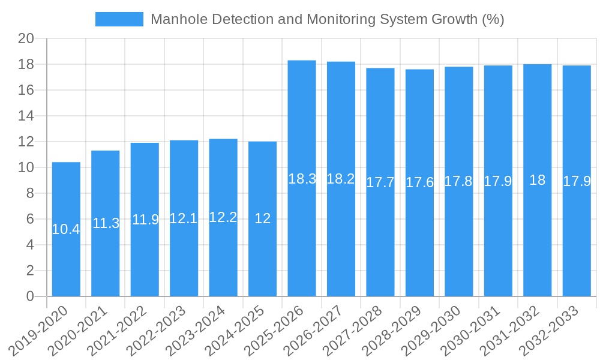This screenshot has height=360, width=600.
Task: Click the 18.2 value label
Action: pyautogui.click(x=341, y=179)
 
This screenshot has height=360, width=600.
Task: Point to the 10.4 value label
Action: pyautogui.click(x=66, y=229)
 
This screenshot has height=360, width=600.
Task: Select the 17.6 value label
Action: pyautogui.click(x=419, y=182)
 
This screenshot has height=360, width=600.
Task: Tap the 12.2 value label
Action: pyautogui.click(x=223, y=217)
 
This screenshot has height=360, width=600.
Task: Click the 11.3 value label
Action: pyautogui.click(x=106, y=223)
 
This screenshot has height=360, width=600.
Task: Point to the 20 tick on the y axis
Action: pyautogui.click(x=26, y=39)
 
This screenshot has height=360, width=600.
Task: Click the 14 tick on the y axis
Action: pyautogui.click(x=26, y=116)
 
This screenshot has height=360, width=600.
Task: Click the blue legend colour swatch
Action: pyautogui.click(x=119, y=19)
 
